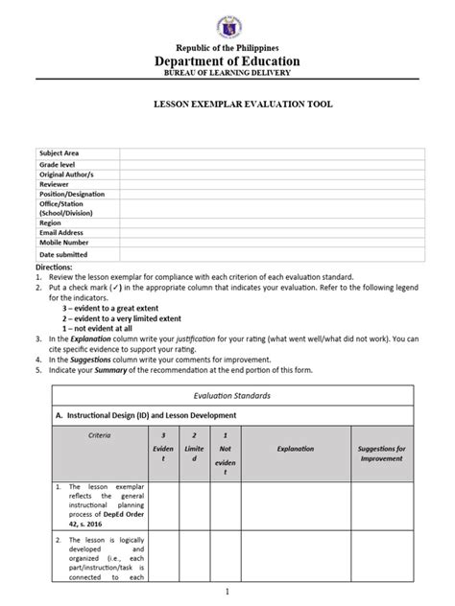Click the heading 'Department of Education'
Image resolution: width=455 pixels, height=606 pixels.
pyautogui.click(x=227, y=60)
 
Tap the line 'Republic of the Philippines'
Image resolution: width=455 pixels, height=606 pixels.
pyautogui.click(x=227, y=47)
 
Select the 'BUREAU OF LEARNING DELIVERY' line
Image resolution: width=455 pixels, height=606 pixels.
pyautogui.click(x=227, y=73)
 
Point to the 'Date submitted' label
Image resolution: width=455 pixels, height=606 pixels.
pyautogui.click(x=63, y=255)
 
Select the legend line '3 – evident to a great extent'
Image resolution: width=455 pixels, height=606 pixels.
pyautogui.click(x=116, y=307)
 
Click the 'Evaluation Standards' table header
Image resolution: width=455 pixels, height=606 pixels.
pyautogui.click(x=228, y=394)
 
